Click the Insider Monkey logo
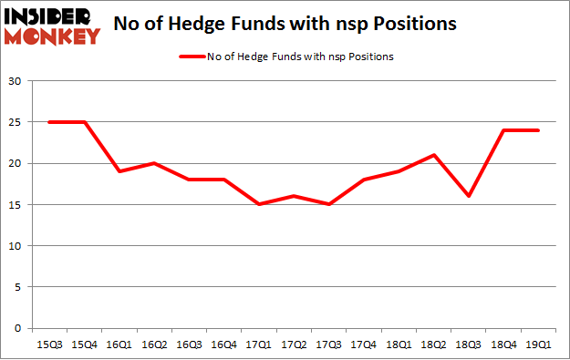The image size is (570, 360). click(x=52, y=26)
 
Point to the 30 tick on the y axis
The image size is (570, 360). click(x=15, y=82)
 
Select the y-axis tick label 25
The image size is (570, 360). click(x=15, y=123)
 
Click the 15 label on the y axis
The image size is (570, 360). click(x=15, y=205)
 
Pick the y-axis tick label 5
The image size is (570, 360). click(x=18, y=287)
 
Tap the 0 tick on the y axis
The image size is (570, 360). click(x=18, y=328)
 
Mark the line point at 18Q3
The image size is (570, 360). click(x=468, y=197)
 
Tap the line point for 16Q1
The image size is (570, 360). click(x=119, y=172)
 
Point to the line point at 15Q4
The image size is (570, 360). click(x=84, y=123)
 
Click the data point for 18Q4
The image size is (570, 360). click(x=503, y=131)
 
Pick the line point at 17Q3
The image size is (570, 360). click(x=328, y=205)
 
